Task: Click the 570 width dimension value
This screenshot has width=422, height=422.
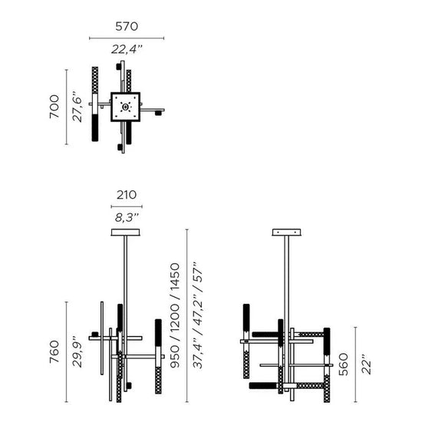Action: point(127,26)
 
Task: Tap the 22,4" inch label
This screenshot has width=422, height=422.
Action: point(127,49)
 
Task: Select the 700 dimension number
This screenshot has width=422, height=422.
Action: point(54,107)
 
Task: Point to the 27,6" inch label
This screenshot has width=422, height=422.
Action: point(77,107)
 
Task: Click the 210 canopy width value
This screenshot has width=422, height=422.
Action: point(127,195)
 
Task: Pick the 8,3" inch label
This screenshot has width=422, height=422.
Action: point(127,217)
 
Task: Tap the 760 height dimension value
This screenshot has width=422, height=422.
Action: point(54,351)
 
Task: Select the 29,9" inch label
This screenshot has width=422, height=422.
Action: point(77,351)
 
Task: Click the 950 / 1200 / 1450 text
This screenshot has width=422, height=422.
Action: point(175,315)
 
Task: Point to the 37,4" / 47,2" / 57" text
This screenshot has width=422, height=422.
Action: point(197,315)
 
